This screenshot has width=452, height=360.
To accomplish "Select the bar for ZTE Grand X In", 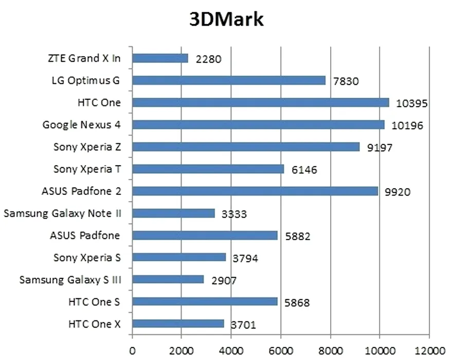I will click(x=160, y=58).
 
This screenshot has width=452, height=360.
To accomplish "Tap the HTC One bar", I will click(x=260, y=102).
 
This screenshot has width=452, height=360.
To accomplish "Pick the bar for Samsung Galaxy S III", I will click(x=168, y=280).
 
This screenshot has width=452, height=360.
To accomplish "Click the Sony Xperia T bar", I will click(x=208, y=169).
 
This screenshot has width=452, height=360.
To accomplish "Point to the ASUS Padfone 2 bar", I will click(x=255, y=191).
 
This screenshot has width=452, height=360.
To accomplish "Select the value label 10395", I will click(x=412, y=104).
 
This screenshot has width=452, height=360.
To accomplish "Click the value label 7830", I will click(x=345, y=81).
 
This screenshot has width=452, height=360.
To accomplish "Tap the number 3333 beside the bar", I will click(x=234, y=214).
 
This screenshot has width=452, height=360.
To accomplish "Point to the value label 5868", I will click(x=297, y=303).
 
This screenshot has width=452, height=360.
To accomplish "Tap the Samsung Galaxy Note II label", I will click(x=62, y=213).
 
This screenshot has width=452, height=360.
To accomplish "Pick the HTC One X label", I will click(x=94, y=324).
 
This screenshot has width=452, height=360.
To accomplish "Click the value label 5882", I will click(x=298, y=237).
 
